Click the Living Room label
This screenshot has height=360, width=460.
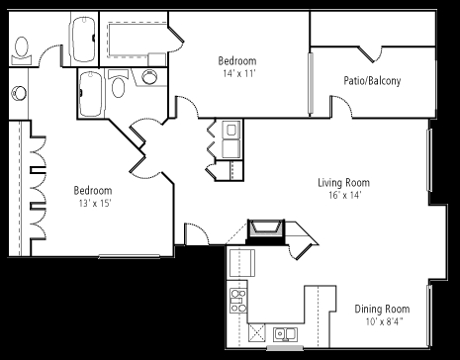click(x=343, y=183)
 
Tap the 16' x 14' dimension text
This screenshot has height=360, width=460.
click(x=345, y=196)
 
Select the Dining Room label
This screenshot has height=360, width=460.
click(x=382, y=310)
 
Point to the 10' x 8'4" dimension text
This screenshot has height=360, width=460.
click(x=384, y=321)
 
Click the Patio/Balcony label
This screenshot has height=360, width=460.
click(x=372, y=81)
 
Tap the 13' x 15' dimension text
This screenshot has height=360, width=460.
click(x=94, y=204)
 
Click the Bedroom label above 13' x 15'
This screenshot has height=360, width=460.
click(x=93, y=191)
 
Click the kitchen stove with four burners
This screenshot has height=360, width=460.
click(x=238, y=301)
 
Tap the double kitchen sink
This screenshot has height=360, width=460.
click(x=285, y=334)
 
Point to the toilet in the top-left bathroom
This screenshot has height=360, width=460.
click(x=22, y=50)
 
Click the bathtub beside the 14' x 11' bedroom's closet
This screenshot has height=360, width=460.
click(x=83, y=40)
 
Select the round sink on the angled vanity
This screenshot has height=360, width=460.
click(x=149, y=77)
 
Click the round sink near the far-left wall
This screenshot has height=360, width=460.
click(x=19, y=93)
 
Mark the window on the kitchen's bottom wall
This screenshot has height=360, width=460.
click(x=285, y=348)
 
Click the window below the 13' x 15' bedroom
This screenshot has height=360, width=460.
click(x=130, y=256)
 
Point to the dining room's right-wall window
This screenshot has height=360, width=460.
click(x=429, y=315)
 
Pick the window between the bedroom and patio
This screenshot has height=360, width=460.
click(x=311, y=83)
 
